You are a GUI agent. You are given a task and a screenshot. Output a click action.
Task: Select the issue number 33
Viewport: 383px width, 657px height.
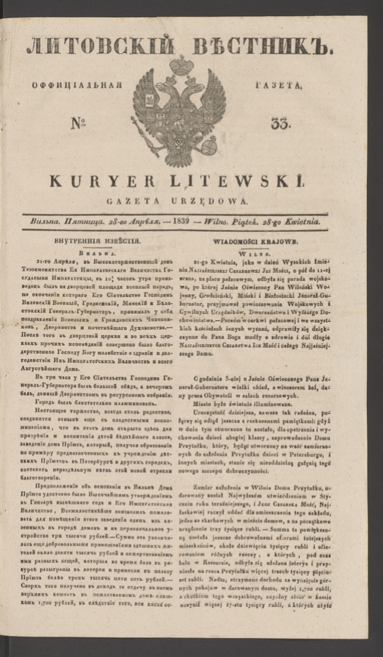[279, 125]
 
